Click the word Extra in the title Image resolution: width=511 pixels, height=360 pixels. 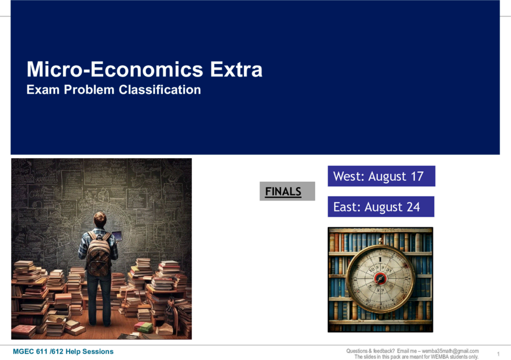[236, 69]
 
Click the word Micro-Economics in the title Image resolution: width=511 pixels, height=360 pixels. [115, 69]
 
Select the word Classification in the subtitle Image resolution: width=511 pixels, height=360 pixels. [160, 90]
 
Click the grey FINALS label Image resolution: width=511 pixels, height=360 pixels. [287, 191]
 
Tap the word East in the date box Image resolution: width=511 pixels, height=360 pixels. [345, 207]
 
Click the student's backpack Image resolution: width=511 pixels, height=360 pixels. [99, 254]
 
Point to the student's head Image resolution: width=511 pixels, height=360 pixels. [100, 219]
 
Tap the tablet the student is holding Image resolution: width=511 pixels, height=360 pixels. [117, 235]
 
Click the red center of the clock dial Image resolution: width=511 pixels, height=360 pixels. [380, 278]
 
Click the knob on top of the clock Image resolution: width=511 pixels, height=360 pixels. [381, 241]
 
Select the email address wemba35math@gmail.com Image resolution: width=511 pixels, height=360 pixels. [450, 351]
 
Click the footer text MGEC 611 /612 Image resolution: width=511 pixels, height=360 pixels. [38, 351]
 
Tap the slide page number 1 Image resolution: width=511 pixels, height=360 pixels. [499, 354]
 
